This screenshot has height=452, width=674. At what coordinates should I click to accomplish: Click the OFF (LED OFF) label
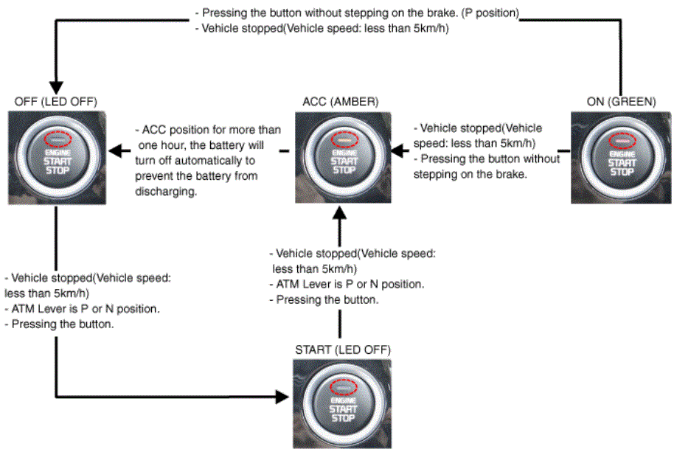click(55, 101)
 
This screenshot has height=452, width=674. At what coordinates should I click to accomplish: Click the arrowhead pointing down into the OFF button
click(55, 88)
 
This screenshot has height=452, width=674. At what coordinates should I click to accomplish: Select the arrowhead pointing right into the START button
click(285, 397)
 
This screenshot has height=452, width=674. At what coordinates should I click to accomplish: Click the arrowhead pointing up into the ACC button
click(339, 212)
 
